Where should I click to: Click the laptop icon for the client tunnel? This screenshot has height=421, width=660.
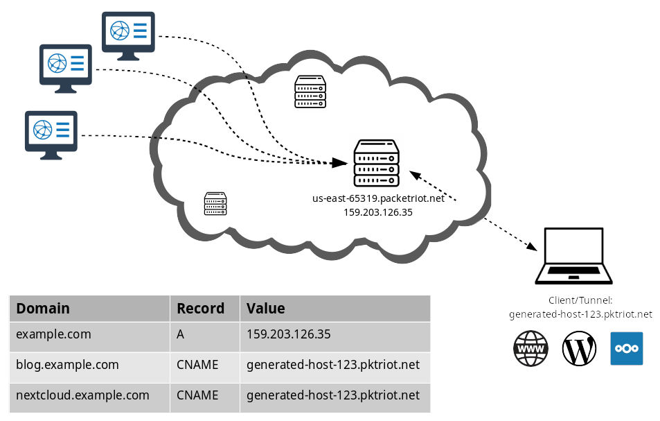(573, 256)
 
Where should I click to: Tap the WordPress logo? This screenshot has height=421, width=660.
(580, 348)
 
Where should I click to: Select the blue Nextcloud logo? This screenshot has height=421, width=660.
(626, 348)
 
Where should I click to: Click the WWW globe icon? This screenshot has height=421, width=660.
(530, 348)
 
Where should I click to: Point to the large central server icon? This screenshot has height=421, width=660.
(377, 163)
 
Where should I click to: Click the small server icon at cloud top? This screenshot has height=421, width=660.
(310, 92)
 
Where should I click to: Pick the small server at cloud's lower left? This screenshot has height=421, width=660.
(215, 203)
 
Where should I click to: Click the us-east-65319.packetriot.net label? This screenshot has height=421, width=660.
(378, 198)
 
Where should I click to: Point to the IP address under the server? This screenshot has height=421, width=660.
(378, 212)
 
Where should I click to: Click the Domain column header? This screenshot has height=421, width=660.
(43, 308)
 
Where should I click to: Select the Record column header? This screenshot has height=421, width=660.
(201, 308)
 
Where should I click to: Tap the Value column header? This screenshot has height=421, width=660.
(266, 308)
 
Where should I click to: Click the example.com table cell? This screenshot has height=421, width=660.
(54, 334)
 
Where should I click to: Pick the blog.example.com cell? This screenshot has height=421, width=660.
(68, 364)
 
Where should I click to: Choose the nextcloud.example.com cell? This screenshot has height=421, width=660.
(83, 395)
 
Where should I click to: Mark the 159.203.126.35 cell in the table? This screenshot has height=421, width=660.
(289, 334)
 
